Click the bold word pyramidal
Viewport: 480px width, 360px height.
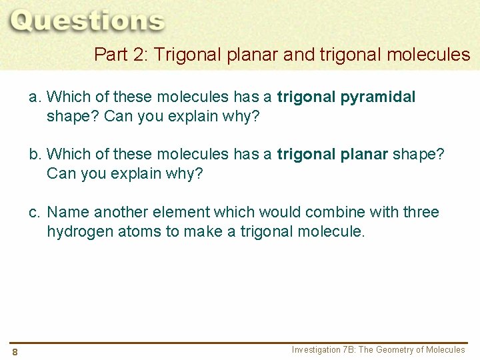(x=378, y=97)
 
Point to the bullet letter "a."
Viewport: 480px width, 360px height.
(x=35, y=97)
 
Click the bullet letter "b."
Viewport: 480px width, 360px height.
(x=35, y=155)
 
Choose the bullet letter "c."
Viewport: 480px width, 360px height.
(x=35, y=212)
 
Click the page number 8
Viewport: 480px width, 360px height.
(x=15, y=352)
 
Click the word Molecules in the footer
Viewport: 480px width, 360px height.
(x=445, y=350)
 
